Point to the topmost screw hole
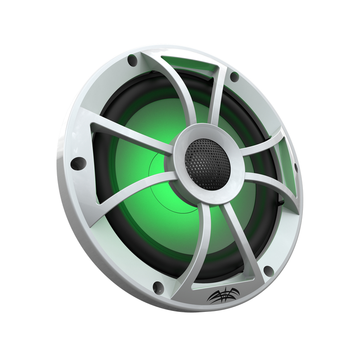point(132,59)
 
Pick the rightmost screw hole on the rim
point(296,167)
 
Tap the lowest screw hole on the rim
point(157,286)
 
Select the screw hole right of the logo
point(268,270)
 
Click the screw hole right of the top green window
point(234,76)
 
